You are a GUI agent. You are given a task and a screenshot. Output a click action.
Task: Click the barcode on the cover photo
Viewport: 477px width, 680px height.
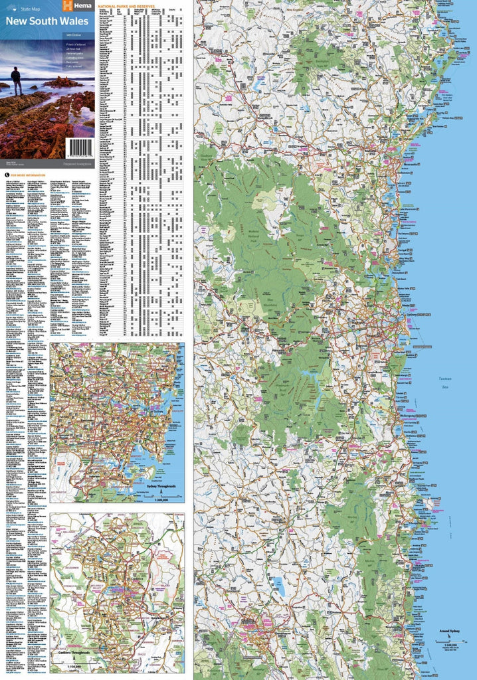pyautogui.click(x=81, y=147)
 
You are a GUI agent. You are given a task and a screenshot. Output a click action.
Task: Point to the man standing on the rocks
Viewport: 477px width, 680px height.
pyautogui.click(x=17, y=80)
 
